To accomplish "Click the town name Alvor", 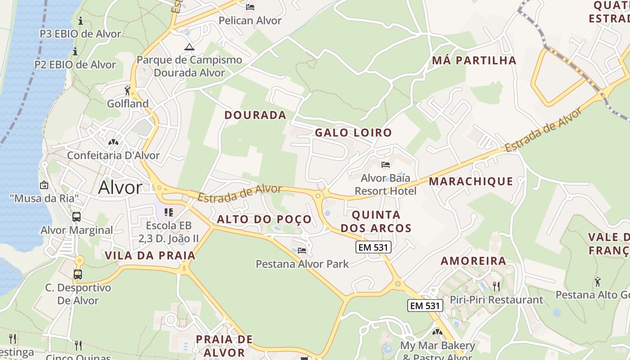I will [x=120, y=187].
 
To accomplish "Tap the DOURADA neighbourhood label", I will [x=255, y=115].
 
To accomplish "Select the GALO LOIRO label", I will [x=353, y=133].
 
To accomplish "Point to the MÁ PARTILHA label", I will [x=474, y=60].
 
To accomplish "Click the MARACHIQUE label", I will [x=471, y=181].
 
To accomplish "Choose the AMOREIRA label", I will [x=473, y=261].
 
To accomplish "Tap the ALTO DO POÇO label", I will [x=264, y=220].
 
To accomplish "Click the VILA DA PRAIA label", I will [x=150, y=256].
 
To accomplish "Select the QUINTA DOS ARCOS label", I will [x=376, y=221].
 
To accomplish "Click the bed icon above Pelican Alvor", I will [x=250, y=7].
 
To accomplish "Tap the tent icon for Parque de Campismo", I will [x=189, y=47].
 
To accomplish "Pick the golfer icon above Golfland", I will [x=127, y=90].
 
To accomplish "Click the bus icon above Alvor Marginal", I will [x=76, y=217].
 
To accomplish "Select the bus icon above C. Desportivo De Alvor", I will [x=78, y=274].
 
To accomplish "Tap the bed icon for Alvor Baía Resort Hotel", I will [x=385, y=165].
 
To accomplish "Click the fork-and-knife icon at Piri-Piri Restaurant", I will [x=496, y=286].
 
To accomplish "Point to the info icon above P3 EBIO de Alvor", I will [x=81, y=21].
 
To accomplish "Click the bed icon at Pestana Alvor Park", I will [x=302, y=250].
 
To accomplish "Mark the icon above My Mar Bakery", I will [x=437, y=332].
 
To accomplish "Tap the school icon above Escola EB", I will [x=169, y=212].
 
